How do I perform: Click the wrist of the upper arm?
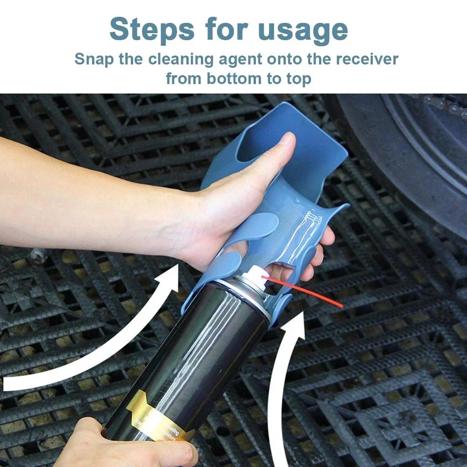click(187, 219)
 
